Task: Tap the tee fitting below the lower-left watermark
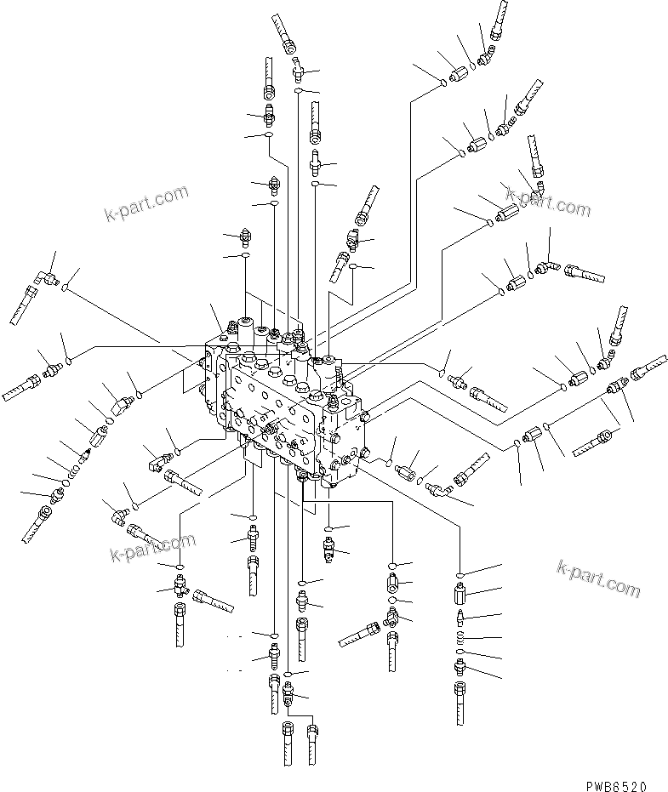180,584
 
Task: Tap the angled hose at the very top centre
286,34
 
